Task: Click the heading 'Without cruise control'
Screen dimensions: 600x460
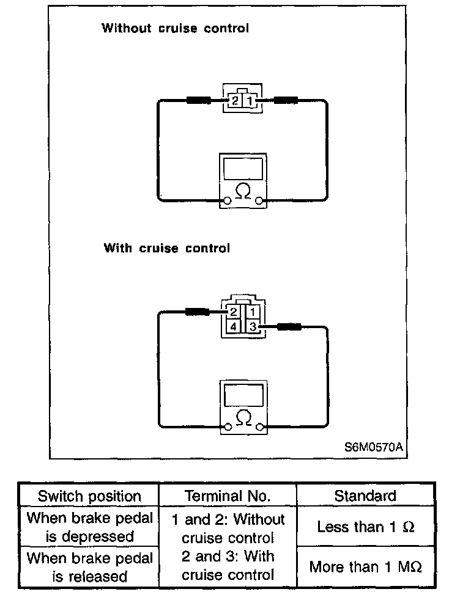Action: [x=175, y=28]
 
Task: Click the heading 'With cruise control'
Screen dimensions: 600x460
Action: [x=167, y=248]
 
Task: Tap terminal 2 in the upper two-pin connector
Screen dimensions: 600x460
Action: [x=236, y=100]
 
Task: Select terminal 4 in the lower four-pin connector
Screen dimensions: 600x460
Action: [x=233, y=327]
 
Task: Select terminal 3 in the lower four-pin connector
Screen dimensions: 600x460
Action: [x=253, y=327]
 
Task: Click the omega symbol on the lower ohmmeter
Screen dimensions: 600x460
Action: [x=243, y=418]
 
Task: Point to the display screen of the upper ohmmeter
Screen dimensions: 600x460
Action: [x=243, y=167]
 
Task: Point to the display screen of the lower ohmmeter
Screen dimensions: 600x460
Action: [x=243, y=394]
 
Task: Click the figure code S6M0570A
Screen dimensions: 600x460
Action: [x=373, y=447]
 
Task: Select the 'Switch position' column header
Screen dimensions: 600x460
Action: [x=89, y=496]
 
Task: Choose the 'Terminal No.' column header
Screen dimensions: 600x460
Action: [x=227, y=496]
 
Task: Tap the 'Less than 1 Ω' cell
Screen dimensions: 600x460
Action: [x=365, y=527]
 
